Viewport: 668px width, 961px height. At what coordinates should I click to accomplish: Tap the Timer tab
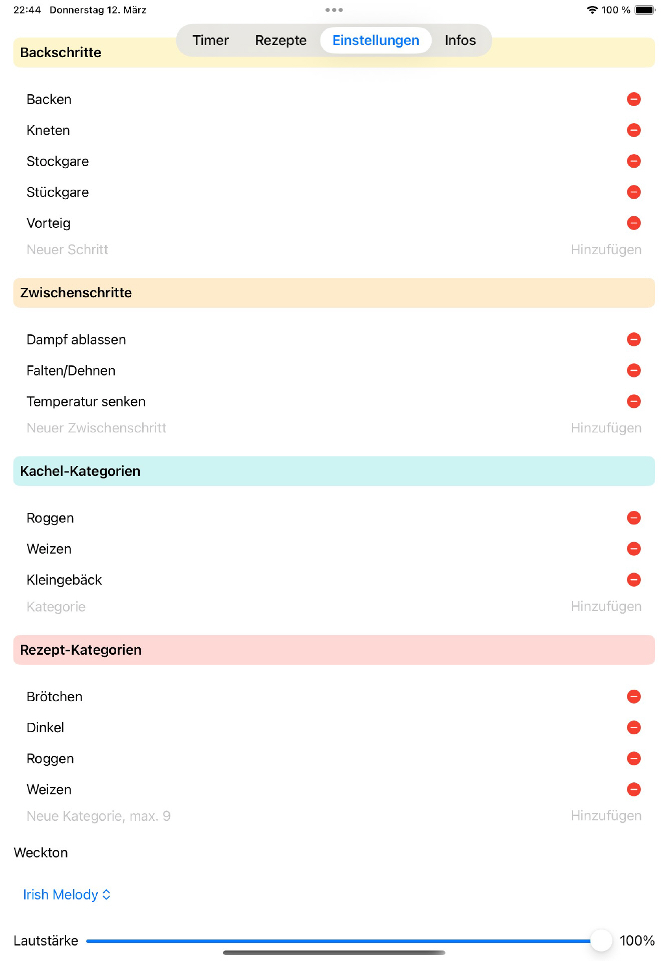coord(210,41)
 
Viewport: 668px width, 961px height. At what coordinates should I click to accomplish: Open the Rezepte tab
coord(280,41)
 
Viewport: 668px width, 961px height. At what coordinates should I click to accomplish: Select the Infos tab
coord(460,41)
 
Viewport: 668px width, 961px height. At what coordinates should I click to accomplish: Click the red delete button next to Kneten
coord(633,131)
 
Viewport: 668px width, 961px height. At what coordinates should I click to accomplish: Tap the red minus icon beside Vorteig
coord(633,223)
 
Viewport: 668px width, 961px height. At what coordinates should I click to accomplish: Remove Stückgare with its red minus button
coord(633,192)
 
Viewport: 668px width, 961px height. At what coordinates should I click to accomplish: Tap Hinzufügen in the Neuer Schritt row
coord(605,250)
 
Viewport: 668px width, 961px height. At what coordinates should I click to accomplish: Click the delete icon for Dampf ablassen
coord(633,340)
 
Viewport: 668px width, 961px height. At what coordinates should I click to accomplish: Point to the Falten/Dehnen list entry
coord(71,371)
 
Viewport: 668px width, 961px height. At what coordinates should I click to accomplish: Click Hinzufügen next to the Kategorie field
coord(605,607)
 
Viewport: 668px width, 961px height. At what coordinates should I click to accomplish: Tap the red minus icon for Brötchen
coord(633,697)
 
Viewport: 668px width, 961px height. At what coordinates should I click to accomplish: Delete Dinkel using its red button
coord(633,728)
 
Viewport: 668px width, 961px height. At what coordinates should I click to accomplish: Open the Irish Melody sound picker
coord(67,895)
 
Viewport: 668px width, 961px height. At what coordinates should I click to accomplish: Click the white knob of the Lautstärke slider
coord(601,941)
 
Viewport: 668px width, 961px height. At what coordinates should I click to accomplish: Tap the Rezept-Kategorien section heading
coord(81,650)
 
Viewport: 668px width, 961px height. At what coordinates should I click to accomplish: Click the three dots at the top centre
coord(334,10)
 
